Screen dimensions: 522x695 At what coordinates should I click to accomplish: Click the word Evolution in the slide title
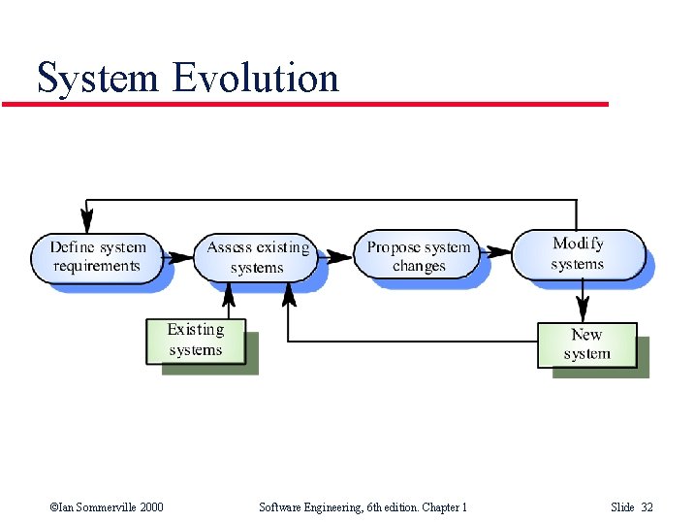pos(257,78)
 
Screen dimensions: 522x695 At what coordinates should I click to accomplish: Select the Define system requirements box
pos(97,257)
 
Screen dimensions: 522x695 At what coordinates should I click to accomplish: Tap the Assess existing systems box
pos(257,257)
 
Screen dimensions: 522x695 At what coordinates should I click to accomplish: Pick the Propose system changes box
pos(419,256)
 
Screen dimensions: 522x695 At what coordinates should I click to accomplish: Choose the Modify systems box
pos(578,253)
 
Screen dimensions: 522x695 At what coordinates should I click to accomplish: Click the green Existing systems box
pos(196,341)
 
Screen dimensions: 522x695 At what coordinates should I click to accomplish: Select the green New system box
pos(587,344)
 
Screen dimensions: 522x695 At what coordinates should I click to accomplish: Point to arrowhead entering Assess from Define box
pos(181,258)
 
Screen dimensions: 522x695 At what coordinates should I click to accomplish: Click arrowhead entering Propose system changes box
pos(341,257)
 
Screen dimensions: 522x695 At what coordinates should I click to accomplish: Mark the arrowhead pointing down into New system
pos(583,311)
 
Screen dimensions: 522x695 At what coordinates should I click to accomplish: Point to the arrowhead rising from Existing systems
pos(229,292)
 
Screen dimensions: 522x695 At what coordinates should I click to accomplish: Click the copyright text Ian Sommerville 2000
pos(106,506)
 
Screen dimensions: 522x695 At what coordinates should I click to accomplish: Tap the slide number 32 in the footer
pos(647,506)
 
